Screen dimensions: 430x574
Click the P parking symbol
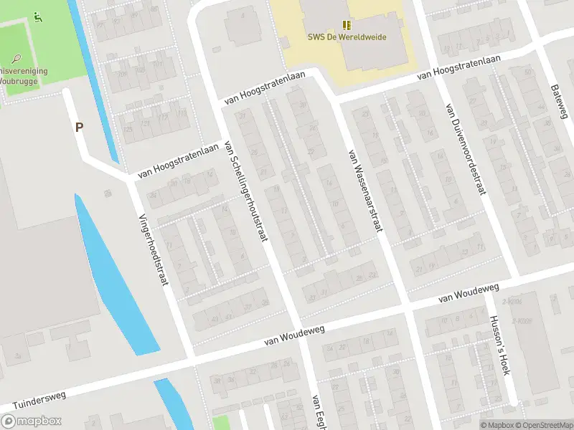coord(79,128)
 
